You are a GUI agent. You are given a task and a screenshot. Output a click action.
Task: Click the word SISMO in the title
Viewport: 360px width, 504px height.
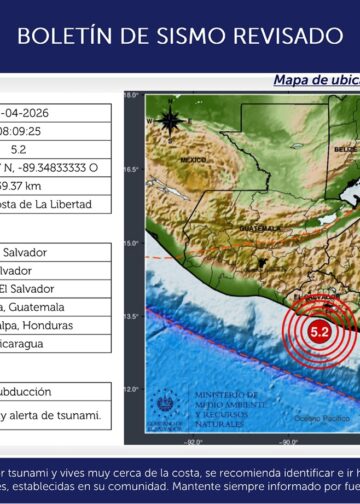[197, 36]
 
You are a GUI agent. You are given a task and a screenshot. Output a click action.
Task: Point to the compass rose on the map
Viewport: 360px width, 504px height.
[170, 121]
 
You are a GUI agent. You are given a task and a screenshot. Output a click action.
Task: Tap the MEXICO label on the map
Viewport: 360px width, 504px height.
[192, 160]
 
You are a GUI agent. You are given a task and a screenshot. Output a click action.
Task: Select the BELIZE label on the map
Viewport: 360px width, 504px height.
[346, 148]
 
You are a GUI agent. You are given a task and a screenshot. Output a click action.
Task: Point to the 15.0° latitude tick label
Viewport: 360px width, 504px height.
[131, 243]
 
